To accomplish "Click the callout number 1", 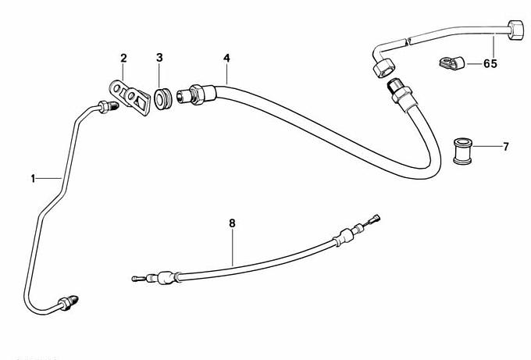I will (33, 179).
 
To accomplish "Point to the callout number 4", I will (226, 58).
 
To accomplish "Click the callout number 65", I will (490, 63).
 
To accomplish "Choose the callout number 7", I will (505, 146).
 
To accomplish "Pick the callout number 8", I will (231, 223).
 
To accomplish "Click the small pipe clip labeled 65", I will (451, 59).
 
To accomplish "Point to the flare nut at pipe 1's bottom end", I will (72, 299).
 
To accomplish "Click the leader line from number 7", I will (488, 146).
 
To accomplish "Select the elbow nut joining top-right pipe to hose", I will (383, 69).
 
